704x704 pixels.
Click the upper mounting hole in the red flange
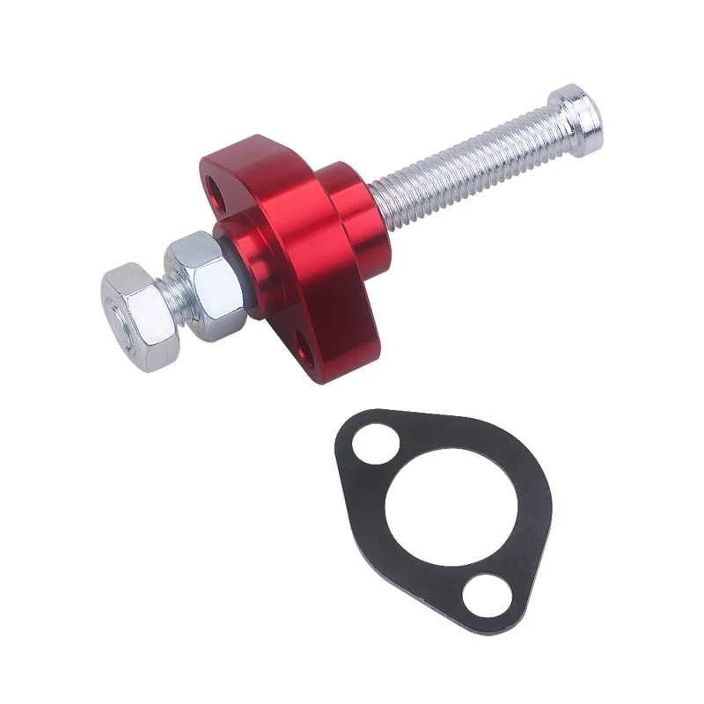[x=213, y=187]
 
